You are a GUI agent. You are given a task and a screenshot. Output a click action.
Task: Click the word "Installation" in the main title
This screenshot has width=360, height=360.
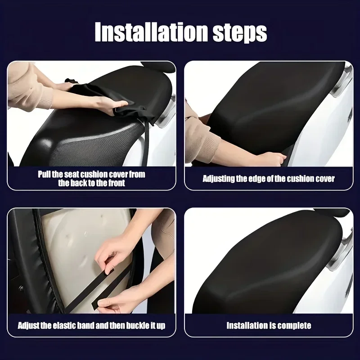tap(152, 31)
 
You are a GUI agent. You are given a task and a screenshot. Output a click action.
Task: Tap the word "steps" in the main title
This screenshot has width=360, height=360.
tap(240, 33)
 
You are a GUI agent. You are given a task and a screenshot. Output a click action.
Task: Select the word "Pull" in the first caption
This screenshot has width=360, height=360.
tap(44, 174)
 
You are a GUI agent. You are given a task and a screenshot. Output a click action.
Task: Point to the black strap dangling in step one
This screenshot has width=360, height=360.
tap(145, 143)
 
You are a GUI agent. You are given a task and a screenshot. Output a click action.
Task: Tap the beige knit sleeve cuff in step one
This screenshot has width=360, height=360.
tap(45, 100)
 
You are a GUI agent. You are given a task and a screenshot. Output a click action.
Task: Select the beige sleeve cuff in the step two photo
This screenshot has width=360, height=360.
tap(206, 144)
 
